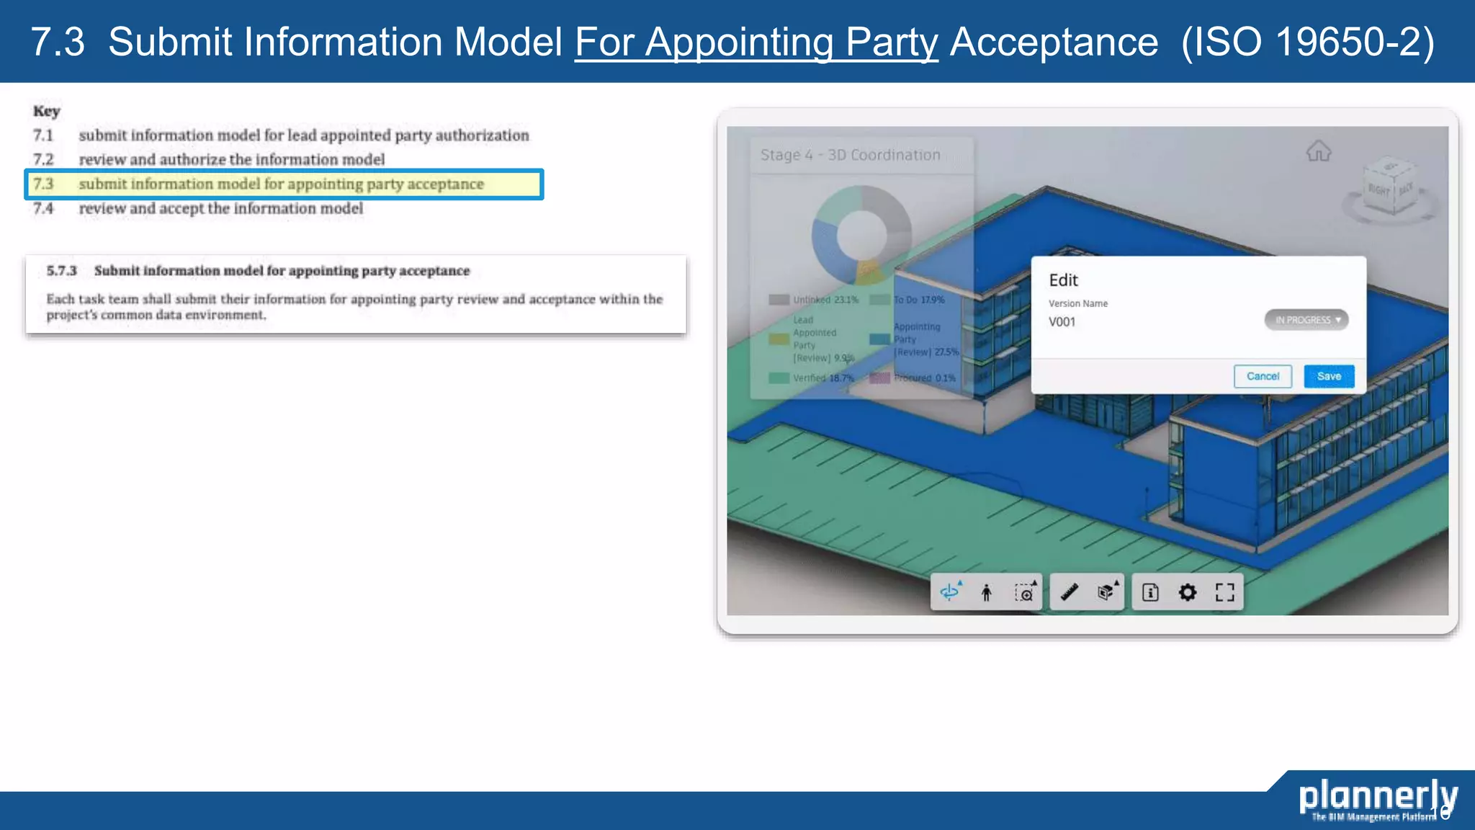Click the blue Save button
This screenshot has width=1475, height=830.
pyautogui.click(x=1328, y=376)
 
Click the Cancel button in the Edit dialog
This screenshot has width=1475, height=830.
pyautogui.click(x=1262, y=376)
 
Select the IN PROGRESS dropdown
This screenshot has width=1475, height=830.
pyautogui.click(x=1306, y=320)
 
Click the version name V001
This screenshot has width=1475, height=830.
pyautogui.click(x=1062, y=322)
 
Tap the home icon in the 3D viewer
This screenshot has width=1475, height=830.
pyautogui.click(x=1318, y=152)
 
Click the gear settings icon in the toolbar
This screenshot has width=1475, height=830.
pyautogui.click(x=1187, y=592)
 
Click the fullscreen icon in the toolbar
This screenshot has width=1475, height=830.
pyautogui.click(x=1224, y=592)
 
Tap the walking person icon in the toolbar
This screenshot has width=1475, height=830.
pyautogui.click(x=986, y=592)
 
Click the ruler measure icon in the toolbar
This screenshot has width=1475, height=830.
pyautogui.click(x=1069, y=592)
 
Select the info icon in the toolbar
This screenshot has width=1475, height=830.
pyautogui.click(x=1150, y=592)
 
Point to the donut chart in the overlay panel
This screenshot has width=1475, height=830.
pyautogui.click(x=861, y=235)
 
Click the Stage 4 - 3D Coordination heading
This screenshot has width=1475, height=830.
pyautogui.click(x=850, y=155)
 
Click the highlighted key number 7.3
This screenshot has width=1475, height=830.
pyautogui.click(x=43, y=184)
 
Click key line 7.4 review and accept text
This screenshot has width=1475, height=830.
pyautogui.click(x=220, y=208)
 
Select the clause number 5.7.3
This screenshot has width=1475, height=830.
pyautogui.click(x=61, y=271)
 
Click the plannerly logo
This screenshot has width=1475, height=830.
pyautogui.click(x=1377, y=797)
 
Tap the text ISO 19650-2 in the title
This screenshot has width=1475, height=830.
pyautogui.click(x=1307, y=42)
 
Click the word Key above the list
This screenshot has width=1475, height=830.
pyautogui.click(x=46, y=111)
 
